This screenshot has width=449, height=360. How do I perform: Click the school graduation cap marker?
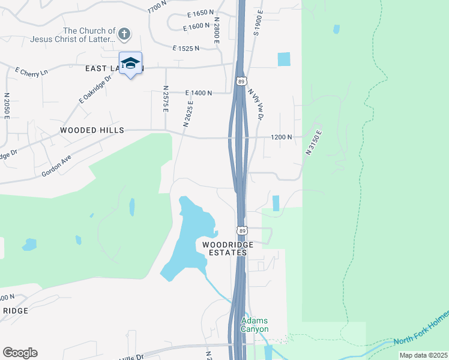[x=130, y=63]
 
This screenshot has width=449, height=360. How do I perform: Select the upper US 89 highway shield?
[x=241, y=81]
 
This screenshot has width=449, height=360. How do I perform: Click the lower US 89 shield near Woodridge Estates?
[x=241, y=230]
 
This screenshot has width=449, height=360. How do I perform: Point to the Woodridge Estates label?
[x=224, y=249]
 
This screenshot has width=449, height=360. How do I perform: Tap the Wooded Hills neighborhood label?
[x=92, y=130]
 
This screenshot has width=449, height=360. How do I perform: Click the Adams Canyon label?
[x=255, y=325]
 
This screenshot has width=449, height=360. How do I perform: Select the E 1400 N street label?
[x=199, y=93]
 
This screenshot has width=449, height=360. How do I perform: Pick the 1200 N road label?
[x=282, y=137]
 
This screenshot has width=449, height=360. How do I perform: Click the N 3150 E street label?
[x=315, y=143]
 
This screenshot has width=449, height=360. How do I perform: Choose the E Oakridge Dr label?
[x=95, y=89]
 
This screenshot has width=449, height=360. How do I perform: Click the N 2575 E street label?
[x=165, y=98]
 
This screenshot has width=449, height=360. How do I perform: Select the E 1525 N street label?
[x=186, y=48]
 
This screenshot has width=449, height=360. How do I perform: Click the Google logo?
[x=20, y=353]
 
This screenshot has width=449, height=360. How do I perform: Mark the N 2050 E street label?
[x=7, y=106]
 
